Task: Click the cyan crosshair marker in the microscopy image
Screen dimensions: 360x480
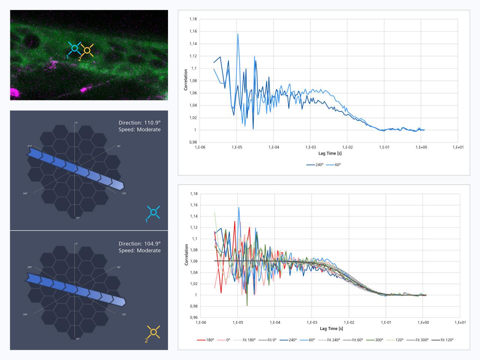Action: click(75, 48)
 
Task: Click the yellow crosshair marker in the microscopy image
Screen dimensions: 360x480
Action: click(87, 50)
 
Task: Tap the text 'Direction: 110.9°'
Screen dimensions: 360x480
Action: click(139, 123)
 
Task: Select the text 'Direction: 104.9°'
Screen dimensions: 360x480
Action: click(139, 244)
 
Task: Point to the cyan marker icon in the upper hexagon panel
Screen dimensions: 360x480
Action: click(153, 212)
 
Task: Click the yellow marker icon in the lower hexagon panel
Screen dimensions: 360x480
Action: click(153, 332)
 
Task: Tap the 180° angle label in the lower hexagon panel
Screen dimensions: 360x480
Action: click(78, 339)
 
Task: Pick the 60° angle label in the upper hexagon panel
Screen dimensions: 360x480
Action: click(118, 146)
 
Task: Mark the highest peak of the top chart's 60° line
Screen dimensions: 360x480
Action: click(238, 34)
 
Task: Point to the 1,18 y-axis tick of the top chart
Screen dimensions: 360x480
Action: click(193, 19)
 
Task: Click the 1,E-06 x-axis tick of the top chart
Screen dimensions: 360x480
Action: click(200, 147)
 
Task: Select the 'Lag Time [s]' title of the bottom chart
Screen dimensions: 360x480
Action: click(331, 328)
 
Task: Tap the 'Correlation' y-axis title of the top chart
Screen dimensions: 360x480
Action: click(186, 80)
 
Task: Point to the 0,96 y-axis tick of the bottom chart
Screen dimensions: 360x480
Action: click(193, 318)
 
